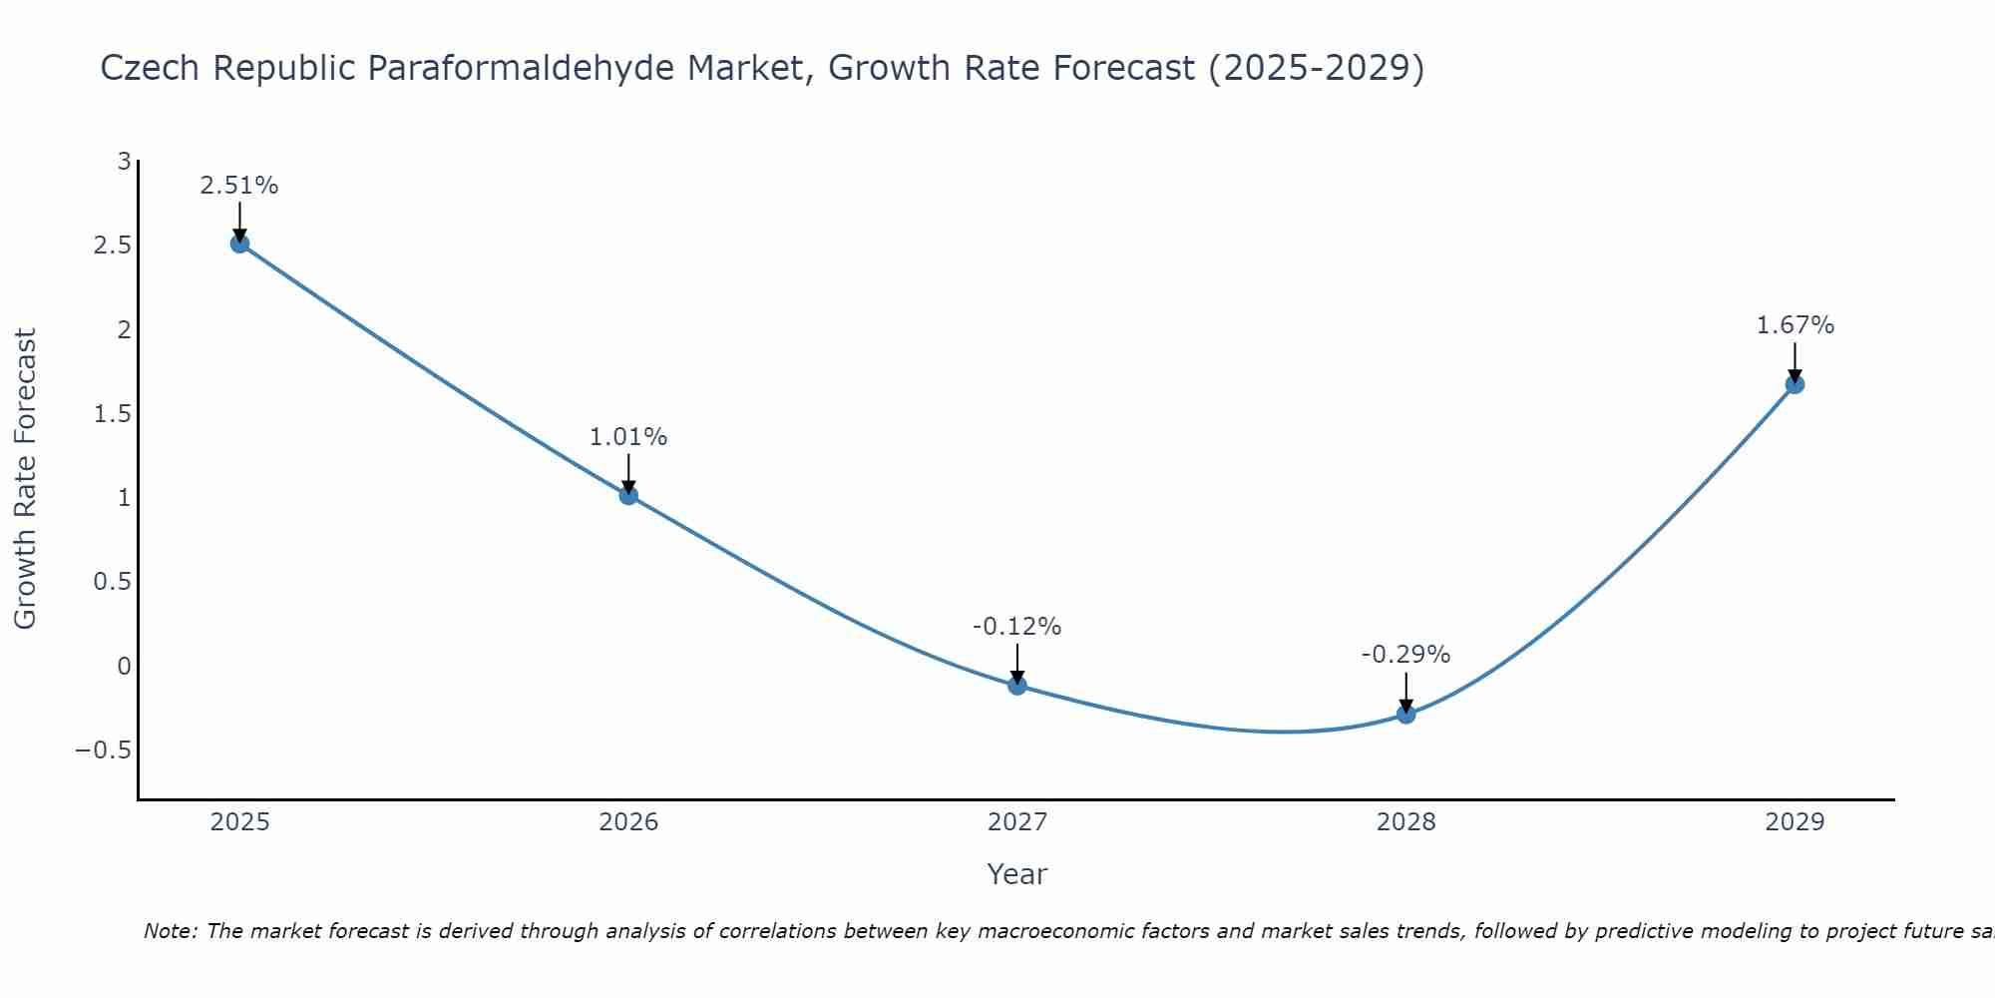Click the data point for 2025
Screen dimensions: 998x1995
239,244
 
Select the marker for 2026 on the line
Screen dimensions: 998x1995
628,495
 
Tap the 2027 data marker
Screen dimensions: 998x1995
1017,685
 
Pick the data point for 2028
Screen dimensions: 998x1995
1405,714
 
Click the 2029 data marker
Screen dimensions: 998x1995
1795,384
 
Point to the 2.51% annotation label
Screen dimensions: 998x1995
239,186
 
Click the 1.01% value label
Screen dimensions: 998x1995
628,437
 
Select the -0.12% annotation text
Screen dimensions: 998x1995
1017,627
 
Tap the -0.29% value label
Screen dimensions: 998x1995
1405,655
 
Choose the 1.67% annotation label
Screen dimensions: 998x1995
1795,325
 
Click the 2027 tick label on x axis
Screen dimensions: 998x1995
1017,822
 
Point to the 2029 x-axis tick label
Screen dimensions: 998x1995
1795,822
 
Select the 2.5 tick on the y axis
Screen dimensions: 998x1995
113,246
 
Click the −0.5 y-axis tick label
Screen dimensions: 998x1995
104,750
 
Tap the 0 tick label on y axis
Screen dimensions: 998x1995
124,667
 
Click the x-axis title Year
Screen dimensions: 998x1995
1016,874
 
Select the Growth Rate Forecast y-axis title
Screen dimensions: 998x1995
25,479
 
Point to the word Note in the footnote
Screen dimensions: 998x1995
170,931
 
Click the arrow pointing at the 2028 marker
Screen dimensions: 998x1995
1405,691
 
